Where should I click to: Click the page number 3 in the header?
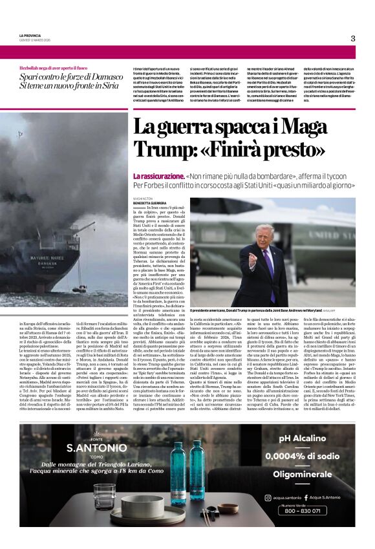tap(353, 38)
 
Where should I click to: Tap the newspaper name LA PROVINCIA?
tap(31, 36)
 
